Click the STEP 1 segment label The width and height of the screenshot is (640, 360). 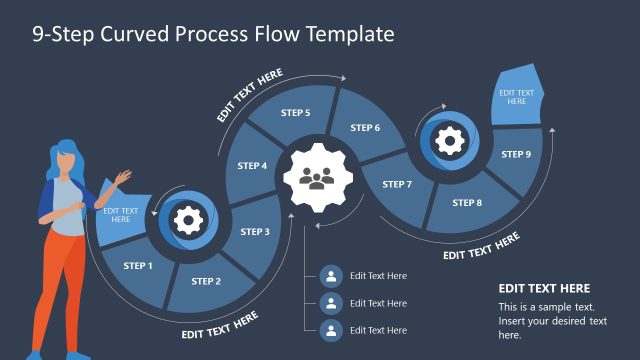(x=138, y=266)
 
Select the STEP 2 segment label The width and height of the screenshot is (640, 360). (x=206, y=281)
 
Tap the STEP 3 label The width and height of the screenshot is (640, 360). (x=255, y=232)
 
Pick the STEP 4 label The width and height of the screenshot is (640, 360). (x=252, y=166)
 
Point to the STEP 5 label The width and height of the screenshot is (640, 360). (x=295, y=113)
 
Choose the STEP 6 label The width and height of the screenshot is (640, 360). (x=365, y=128)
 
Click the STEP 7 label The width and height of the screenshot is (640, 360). (x=397, y=185)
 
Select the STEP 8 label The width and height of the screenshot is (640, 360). (x=467, y=203)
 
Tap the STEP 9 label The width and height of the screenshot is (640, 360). (x=516, y=155)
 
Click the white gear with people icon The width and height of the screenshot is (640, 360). (x=318, y=178)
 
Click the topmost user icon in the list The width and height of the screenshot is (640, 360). (x=331, y=276)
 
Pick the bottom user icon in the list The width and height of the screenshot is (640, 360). (x=331, y=329)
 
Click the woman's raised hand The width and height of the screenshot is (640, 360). (x=123, y=178)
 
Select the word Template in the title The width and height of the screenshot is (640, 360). (x=345, y=34)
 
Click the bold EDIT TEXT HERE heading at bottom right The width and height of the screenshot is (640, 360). (x=544, y=288)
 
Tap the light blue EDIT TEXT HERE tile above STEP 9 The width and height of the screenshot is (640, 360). (x=517, y=96)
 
